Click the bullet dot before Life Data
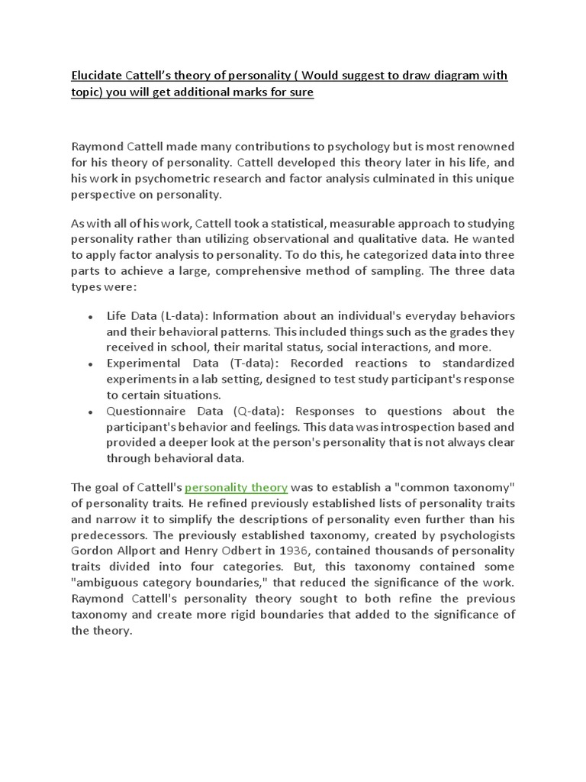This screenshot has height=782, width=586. point(91,317)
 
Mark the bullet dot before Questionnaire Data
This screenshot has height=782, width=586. point(91,412)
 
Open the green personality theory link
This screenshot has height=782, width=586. point(237,488)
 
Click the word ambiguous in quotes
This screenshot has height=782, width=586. point(108,583)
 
